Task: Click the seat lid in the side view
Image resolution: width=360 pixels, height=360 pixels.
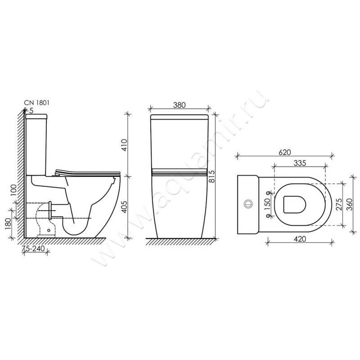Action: click(x=88, y=171)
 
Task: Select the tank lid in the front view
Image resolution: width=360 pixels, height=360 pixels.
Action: click(x=179, y=117)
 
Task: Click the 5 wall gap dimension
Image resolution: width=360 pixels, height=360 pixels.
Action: click(x=31, y=109)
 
